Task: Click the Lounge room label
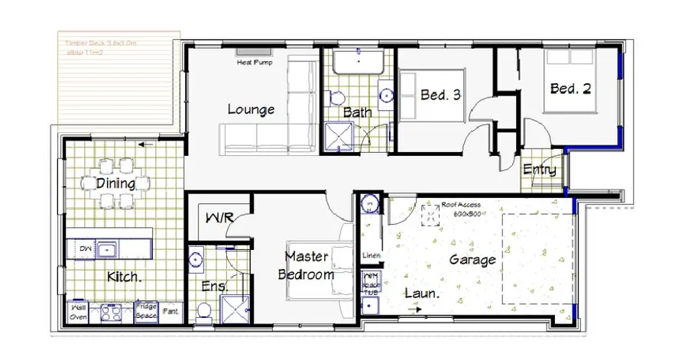pos(251,110)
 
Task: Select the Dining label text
pos(116,183)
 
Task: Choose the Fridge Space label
pos(146,310)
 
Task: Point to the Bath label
pos(357,112)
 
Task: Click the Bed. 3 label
pos(441,96)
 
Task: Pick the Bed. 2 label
pos(571,89)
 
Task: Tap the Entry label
pos(540,170)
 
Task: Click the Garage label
pos(472,259)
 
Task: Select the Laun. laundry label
pos(421,293)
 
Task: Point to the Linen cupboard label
pos(372,255)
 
